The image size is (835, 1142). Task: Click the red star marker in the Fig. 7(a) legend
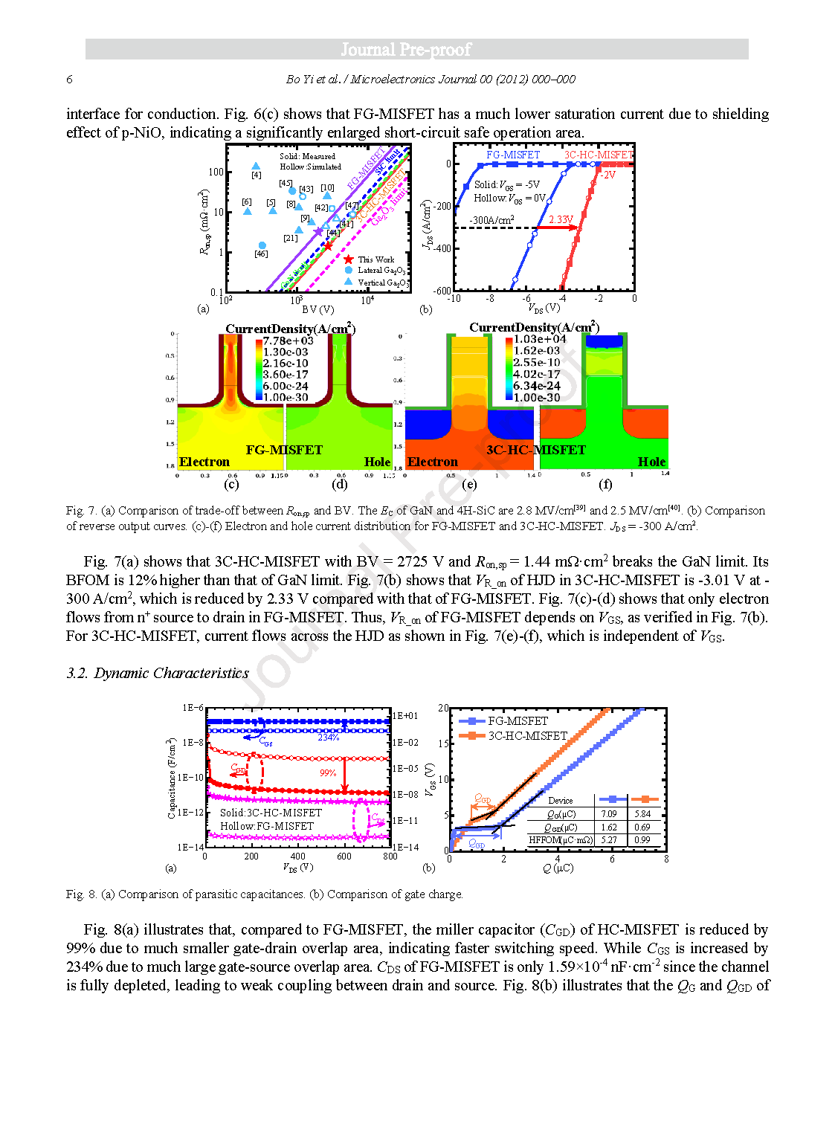pyautogui.click(x=349, y=259)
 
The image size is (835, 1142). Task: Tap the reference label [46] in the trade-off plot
pyautogui.click(x=261, y=254)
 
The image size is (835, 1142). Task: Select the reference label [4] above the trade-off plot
pyautogui.click(x=256, y=175)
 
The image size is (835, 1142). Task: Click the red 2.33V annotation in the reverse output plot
pyautogui.click(x=561, y=220)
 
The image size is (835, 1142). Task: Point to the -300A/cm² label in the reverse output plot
pyautogui.click(x=491, y=220)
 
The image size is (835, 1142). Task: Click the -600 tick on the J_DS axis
pyautogui.click(x=442, y=291)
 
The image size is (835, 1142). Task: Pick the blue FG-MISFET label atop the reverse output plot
pyautogui.click(x=513, y=155)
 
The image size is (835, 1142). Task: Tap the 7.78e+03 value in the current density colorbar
pyautogui.click(x=288, y=341)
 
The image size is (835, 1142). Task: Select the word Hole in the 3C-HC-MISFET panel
pyautogui.click(x=651, y=462)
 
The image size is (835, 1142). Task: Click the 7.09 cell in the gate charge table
pyautogui.click(x=609, y=814)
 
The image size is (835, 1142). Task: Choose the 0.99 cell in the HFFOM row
pyautogui.click(x=642, y=840)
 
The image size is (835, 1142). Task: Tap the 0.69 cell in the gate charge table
pyautogui.click(x=642, y=828)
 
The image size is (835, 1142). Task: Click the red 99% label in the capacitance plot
pyautogui.click(x=328, y=773)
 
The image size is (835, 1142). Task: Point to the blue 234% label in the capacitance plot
pyautogui.click(x=328, y=738)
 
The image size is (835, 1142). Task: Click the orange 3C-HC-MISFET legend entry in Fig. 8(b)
pyautogui.click(x=527, y=736)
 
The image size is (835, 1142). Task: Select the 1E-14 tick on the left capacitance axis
pyautogui.click(x=190, y=847)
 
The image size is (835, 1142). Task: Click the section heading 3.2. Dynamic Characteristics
pyautogui.click(x=158, y=673)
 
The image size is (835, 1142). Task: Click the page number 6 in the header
pyautogui.click(x=70, y=80)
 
